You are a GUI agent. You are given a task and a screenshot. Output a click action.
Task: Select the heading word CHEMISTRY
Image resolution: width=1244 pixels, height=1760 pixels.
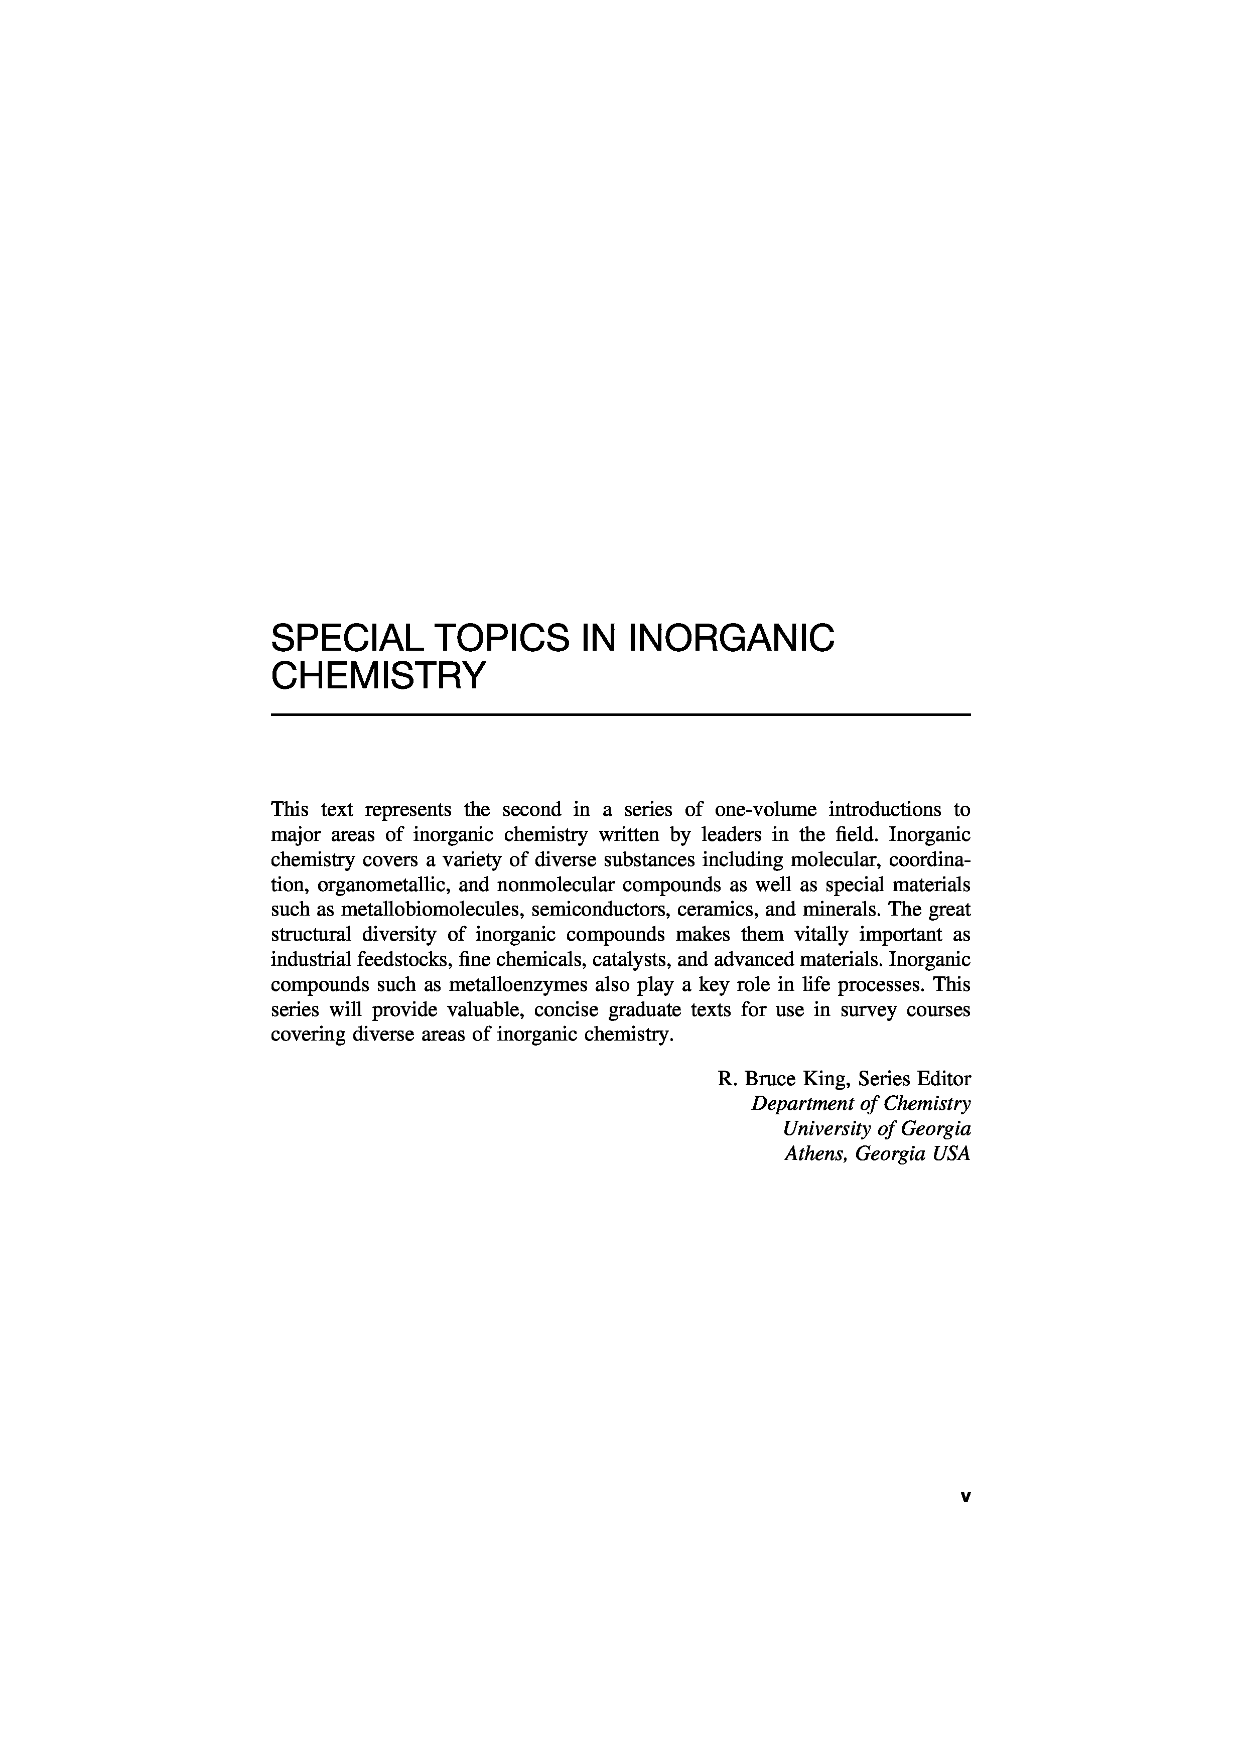coord(379,675)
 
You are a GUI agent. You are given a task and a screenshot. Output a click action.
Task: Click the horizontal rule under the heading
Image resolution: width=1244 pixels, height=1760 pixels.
coord(621,714)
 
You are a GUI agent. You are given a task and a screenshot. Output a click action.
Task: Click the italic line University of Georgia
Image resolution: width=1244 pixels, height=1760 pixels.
coord(877,1129)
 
